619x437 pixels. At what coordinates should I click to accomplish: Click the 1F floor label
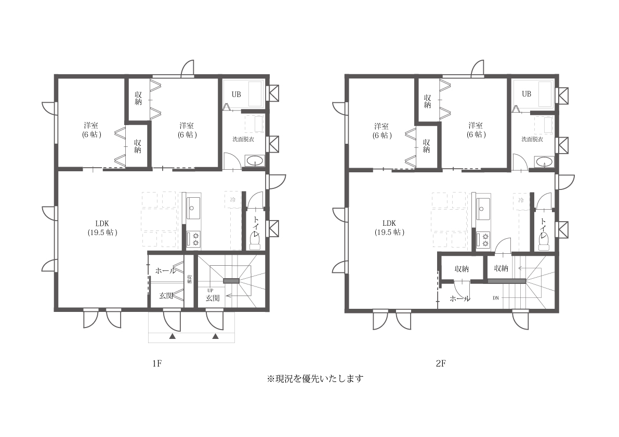158,364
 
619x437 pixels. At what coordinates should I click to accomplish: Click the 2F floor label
441,364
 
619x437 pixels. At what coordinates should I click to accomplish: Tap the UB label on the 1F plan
236,94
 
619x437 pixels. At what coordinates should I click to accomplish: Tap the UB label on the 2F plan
526,94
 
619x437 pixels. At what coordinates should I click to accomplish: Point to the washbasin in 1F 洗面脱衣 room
254,161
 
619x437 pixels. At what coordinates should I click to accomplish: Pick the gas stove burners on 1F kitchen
196,239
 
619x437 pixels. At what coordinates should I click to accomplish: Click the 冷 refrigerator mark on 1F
232,199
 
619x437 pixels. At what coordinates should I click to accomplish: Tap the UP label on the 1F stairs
210,290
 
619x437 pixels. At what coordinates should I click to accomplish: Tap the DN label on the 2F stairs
496,298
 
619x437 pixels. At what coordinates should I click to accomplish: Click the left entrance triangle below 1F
172,337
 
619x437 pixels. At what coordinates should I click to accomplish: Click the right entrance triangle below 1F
215,337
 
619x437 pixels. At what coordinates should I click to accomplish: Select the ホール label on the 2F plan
459,298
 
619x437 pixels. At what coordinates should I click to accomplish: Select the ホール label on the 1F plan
165,270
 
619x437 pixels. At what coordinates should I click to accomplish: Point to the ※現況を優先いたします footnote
314,378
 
